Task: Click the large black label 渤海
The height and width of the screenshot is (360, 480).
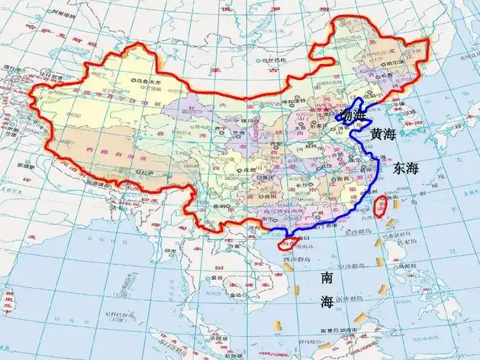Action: pos(355,115)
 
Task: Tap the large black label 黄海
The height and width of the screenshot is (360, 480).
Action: pos(382,134)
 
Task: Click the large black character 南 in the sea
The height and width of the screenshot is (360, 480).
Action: pos(327,277)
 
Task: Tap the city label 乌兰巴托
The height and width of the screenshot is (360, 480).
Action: pos(263,60)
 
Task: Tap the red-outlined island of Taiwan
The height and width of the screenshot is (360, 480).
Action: pos(381,207)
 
